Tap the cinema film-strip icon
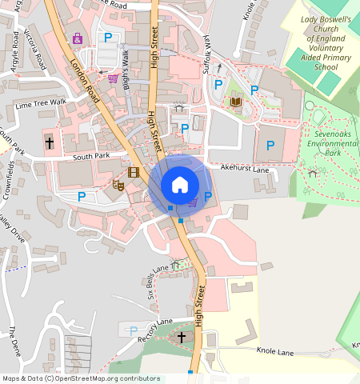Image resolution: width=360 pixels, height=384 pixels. (134, 172)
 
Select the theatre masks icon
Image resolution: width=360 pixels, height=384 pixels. (118, 186)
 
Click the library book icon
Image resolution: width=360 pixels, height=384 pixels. (235, 102)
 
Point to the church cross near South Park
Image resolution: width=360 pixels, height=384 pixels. (50, 143)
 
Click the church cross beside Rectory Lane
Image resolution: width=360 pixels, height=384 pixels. (182, 338)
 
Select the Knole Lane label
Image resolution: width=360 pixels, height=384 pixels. (276, 351)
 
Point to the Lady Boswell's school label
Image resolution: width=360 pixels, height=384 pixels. (326, 43)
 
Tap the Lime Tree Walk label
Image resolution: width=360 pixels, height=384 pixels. (41, 103)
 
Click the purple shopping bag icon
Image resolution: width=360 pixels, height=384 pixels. (78, 38)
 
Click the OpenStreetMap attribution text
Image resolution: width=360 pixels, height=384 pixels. (81, 378)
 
